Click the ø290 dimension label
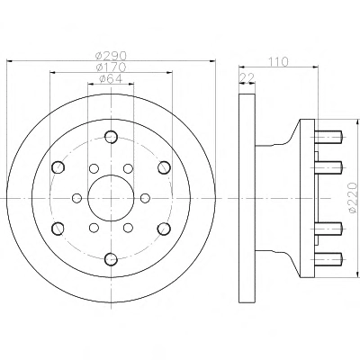111,56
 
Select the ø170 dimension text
111,67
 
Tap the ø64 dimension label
111,78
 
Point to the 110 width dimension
278,61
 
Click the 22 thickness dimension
247,77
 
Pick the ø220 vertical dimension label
354,198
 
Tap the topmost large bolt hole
111,137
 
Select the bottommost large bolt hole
111,259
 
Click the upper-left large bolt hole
58,167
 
